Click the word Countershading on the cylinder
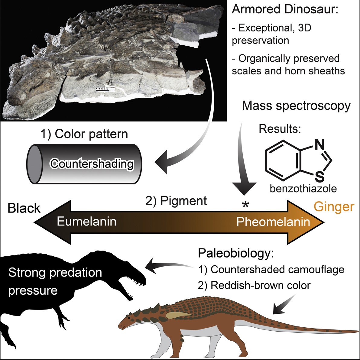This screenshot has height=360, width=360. coord(92,164)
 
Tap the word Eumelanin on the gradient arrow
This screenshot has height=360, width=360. coord(87,222)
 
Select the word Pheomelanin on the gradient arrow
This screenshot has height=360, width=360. coord(273,222)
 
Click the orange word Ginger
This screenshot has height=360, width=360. coord(334,207)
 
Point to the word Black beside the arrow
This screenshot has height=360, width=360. coord(24,208)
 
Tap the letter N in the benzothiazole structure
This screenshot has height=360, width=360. coord(319,145)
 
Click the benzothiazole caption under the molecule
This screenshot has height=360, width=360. coord(303,189)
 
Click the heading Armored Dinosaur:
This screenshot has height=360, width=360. coord(284,10)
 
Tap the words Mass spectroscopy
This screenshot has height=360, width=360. coord(296,106)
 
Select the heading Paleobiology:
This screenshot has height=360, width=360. coord(236,253)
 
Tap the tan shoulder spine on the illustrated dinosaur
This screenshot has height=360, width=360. coord(178,316)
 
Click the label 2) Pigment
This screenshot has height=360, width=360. coord(176,201)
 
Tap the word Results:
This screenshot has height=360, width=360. coord(280,129)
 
